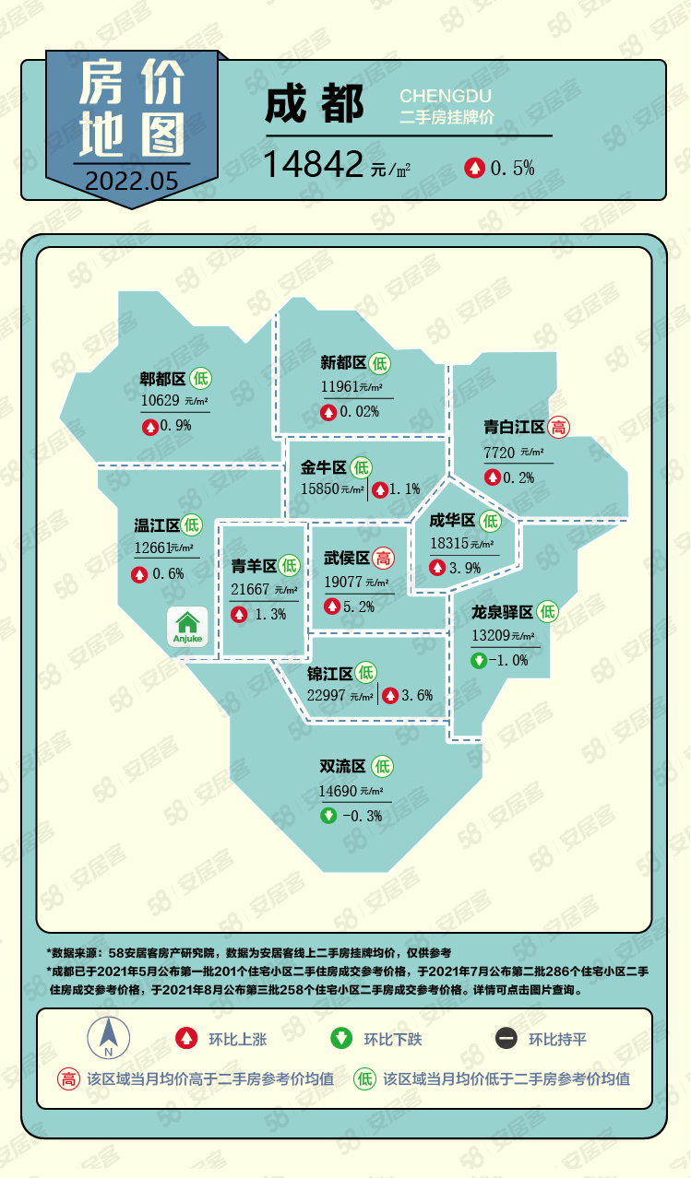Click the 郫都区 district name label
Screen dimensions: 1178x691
[x=162, y=378]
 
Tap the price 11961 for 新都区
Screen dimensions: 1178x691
[x=339, y=386]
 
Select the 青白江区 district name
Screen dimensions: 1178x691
[x=514, y=427]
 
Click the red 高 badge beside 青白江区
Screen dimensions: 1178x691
[x=558, y=427]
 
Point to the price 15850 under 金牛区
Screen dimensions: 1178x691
[x=319, y=489]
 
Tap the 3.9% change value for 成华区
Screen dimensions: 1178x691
[x=464, y=568]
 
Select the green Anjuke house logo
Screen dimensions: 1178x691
[x=189, y=626]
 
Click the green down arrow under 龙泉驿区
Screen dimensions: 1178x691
[x=479, y=660]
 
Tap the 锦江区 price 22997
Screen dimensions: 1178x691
[x=327, y=695]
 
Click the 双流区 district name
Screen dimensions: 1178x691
[x=342, y=766]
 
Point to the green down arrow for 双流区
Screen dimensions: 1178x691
[x=328, y=815]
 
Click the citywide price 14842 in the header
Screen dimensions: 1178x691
[x=313, y=165]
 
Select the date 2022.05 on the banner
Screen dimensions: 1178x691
[x=130, y=180]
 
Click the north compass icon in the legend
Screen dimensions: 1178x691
[x=109, y=1039]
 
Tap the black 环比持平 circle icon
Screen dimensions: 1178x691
[x=506, y=1039]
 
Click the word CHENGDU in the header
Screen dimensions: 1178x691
[x=446, y=96]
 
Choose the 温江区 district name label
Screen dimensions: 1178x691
[x=156, y=525]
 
